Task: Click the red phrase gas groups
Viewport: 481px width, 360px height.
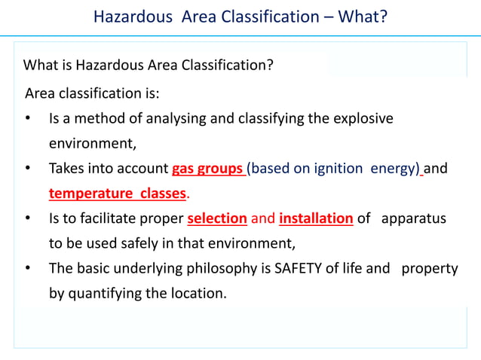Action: pyautogui.click(x=207, y=169)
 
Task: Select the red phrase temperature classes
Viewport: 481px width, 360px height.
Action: pyautogui.click(x=117, y=194)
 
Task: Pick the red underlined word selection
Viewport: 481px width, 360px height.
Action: pyautogui.click(x=217, y=219)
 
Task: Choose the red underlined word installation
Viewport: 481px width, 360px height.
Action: pyautogui.click(x=316, y=219)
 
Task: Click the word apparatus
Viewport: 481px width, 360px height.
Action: pyautogui.click(x=414, y=219)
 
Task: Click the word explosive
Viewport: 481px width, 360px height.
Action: pyautogui.click(x=363, y=119)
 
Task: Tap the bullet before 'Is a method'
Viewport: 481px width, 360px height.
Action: pyautogui.click(x=28, y=120)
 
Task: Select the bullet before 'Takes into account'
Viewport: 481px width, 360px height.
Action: pyautogui.click(x=28, y=169)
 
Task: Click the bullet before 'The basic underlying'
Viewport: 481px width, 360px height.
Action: pyautogui.click(x=28, y=269)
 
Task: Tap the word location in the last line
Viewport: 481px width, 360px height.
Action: pyautogui.click(x=198, y=293)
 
